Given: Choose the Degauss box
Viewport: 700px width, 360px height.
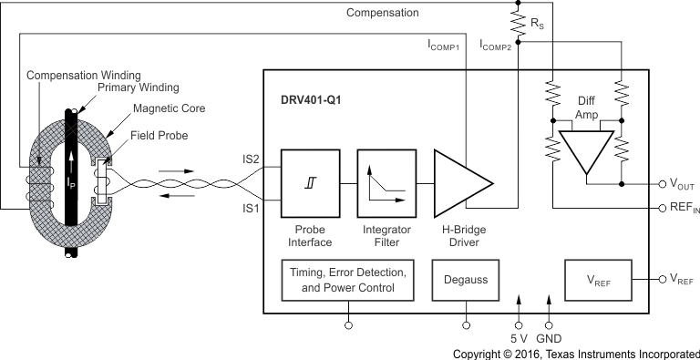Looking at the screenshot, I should [467, 281].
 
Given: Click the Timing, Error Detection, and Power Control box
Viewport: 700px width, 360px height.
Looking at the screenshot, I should [345, 281].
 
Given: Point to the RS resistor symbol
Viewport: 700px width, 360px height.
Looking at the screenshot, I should [519, 24].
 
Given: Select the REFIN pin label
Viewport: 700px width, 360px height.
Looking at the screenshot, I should [681, 208].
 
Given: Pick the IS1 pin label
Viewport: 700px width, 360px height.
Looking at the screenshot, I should [252, 208].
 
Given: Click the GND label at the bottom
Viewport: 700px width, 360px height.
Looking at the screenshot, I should [550, 336].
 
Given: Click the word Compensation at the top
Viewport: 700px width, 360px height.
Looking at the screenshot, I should [383, 13].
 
